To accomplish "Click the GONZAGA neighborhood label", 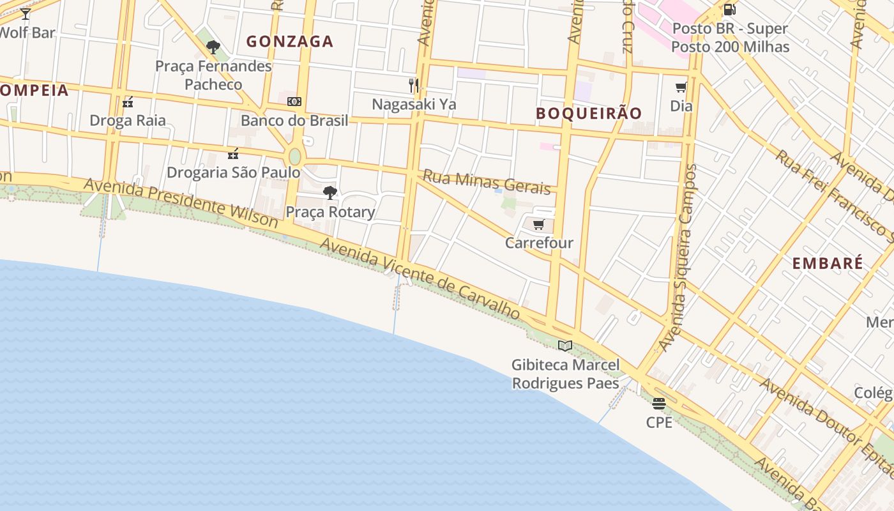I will point(290,42).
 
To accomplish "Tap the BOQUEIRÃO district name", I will point(589,114).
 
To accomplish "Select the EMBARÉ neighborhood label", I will point(828,263).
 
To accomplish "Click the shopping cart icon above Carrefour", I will point(538,224).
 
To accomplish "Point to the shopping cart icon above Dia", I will point(681,88).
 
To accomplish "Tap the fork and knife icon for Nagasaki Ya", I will point(414,85).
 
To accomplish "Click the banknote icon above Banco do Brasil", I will point(294,102).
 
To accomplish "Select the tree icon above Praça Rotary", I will point(330,192).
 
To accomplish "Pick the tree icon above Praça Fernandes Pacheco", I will point(213,47).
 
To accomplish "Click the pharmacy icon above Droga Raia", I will point(128,102).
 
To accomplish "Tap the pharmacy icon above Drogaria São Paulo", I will point(233,153).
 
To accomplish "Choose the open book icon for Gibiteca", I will point(565,346).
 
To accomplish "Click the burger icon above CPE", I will point(659,404).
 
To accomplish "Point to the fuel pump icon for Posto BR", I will point(729,10).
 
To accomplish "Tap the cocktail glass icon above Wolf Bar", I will point(26,13).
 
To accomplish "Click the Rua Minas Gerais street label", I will point(487,182).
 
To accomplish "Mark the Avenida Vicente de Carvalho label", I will point(420,279).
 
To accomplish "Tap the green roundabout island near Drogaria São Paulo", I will point(294,156).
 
